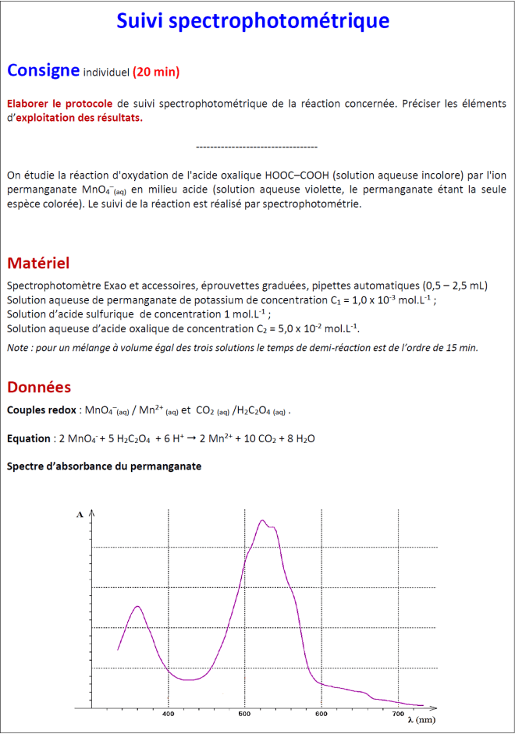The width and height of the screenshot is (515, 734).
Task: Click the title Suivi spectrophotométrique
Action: click(253, 21)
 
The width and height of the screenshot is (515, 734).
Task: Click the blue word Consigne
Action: click(42, 70)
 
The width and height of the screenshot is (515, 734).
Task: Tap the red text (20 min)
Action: click(156, 73)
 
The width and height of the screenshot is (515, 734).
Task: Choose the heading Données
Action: click(38, 387)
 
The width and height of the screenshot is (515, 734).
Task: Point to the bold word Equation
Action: click(27, 438)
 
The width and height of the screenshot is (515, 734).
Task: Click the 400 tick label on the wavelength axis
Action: click(169, 713)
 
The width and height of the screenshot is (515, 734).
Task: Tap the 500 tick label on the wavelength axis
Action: click(245, 713)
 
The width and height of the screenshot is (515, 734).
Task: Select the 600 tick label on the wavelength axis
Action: click(321, 713)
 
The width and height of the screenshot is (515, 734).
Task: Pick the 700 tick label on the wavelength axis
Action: click(398, 713)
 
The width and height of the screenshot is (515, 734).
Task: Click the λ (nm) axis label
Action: click(421, 718)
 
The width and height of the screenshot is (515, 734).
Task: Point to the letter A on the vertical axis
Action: click(80, 515)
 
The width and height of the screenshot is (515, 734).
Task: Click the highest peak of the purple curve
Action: click(262, 520)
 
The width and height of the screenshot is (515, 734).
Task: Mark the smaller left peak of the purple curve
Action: click(138, 606)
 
